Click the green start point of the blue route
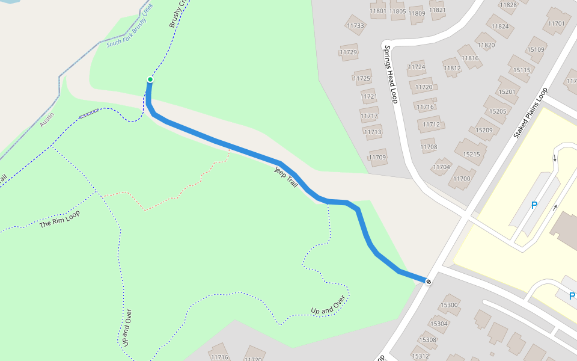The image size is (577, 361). point(150,79)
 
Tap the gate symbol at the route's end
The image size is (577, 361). point(428,281)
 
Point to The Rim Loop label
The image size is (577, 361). point(60,218)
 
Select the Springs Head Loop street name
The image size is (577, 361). point(391,75)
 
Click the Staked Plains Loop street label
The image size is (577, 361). point(531,114)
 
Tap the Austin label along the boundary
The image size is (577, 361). point(47,119)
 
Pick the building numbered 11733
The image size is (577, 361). point(355,26)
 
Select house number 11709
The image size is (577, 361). point(377,158)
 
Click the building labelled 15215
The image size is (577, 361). point(471,154)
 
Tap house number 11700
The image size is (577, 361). point(462,178)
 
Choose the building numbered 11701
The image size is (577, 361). point(557,24)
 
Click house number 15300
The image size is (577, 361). point(449,305)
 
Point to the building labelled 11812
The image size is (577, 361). point(452,68)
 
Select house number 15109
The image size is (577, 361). point(535,50)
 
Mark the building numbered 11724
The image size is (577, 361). point(416,67)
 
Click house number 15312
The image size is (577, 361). point(420,356)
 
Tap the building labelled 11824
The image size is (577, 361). point(500,26)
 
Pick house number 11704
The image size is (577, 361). point(441,167)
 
